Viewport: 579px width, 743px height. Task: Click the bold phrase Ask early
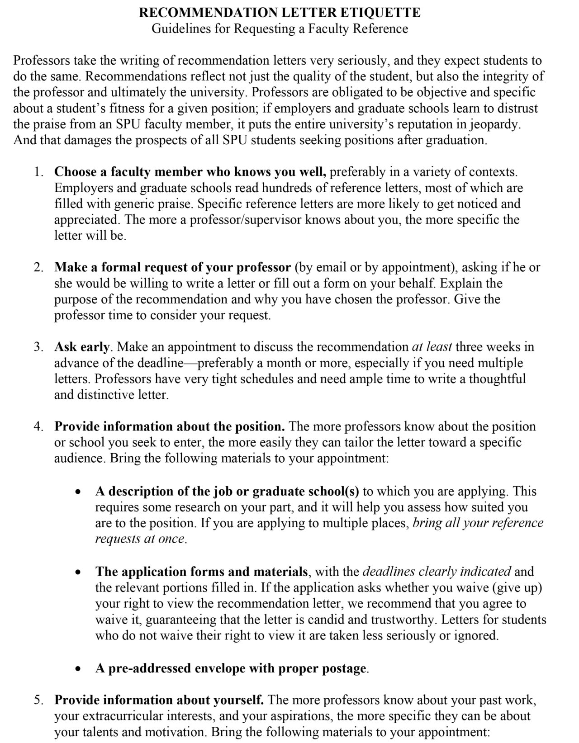(x=82, y=347)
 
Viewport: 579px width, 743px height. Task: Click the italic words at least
(x=432, y=347)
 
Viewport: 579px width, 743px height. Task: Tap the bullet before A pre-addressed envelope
(x=79, y=669)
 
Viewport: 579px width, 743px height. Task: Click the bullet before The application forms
(x=79, y=572)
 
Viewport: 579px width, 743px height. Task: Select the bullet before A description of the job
(x=79, y=492)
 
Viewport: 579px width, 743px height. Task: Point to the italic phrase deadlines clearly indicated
(x=437, y=572)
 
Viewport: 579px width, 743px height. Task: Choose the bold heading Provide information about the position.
(x=170, y=426)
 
